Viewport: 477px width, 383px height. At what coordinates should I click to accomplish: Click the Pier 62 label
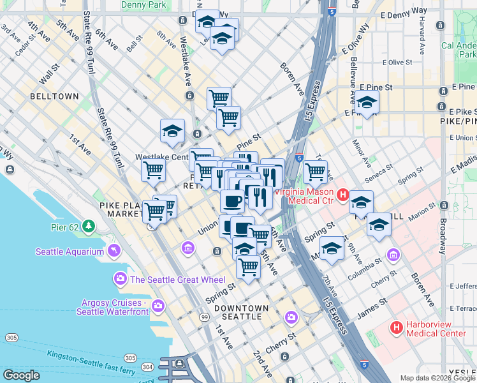click(x=66, y=227)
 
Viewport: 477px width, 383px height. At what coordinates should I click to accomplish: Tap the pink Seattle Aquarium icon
click(x=114, y=250)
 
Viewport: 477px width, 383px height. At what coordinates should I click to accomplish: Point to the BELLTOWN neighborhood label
click(x=54, y=96)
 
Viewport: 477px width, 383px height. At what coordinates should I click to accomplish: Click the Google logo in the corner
click(x=22, y=375)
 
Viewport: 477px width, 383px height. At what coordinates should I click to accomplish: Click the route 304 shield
click(x=147, y=366)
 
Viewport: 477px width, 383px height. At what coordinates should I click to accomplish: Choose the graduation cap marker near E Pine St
click(x=367, y=102)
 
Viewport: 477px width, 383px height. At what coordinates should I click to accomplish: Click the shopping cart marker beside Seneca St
click(x=315, y=171)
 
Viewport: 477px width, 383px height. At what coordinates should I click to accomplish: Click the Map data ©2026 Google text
click(x=437, y=378)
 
